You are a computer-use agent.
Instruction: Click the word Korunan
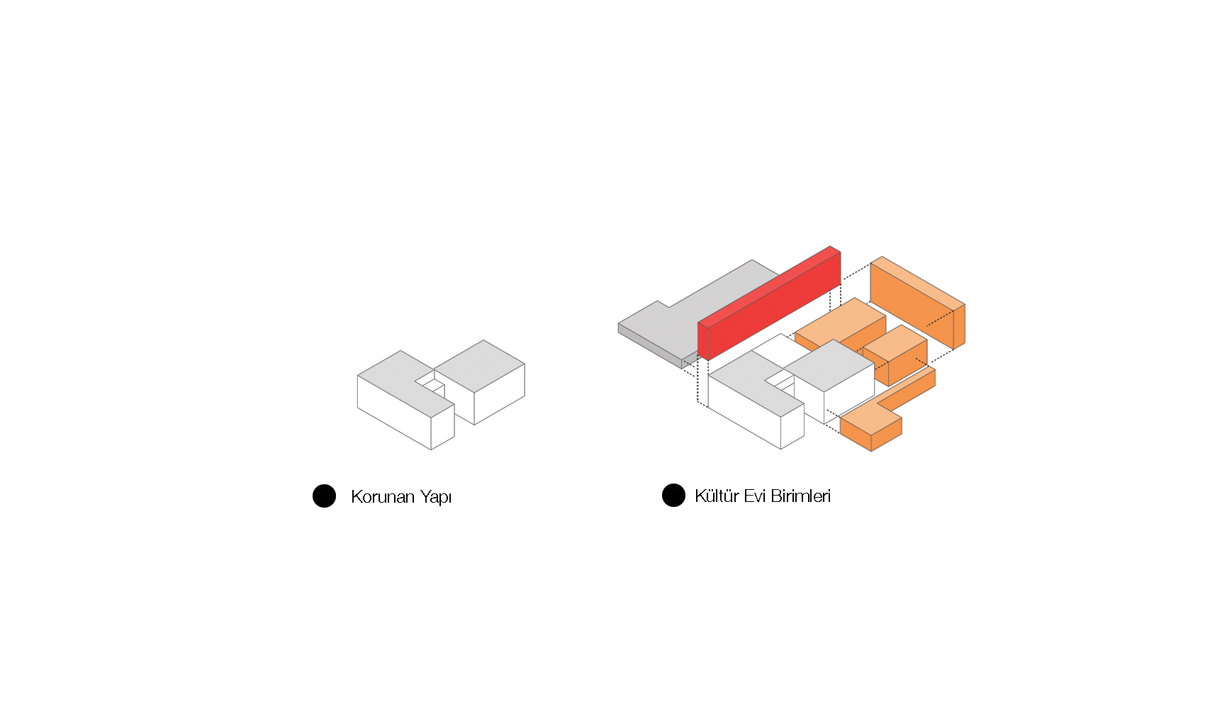pos(383,496)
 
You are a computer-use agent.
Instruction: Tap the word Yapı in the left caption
pos(436,497)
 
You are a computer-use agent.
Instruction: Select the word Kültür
pos(717,496)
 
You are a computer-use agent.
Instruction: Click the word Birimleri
pos(801,496)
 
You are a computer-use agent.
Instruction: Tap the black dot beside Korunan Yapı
pos(325,496)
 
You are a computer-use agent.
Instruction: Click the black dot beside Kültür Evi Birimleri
pos(673,496)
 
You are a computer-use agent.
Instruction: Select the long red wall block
pos(769,304)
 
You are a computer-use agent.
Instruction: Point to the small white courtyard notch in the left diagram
pos(432,385)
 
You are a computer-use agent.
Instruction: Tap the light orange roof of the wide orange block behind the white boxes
pos(840,322)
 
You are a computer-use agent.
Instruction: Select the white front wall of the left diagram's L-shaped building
pos(394,412)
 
